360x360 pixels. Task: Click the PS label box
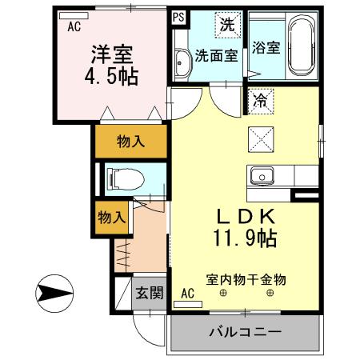tap(178, 15)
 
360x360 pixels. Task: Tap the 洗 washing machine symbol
tap(228, 25)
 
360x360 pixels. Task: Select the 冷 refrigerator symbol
tap(261, 101)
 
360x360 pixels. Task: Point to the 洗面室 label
tap(216, 56)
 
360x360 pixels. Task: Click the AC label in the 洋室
tap(74, 26)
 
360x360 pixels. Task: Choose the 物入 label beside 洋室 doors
tap(130, 142)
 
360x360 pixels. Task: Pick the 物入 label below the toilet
tap(111, 217)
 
